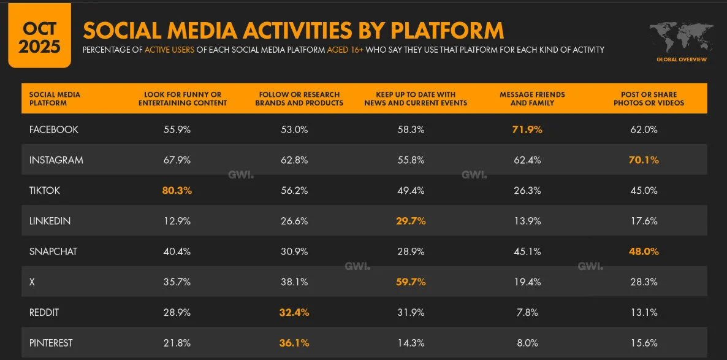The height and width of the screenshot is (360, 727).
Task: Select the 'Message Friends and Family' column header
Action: [532, 99]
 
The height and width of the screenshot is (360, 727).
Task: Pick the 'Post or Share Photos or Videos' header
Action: [649, 99]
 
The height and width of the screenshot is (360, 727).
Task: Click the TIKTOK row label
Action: [45, 190]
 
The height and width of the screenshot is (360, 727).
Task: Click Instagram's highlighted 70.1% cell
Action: [644, 160]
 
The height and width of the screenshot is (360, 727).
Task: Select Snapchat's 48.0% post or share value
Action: [644, 251]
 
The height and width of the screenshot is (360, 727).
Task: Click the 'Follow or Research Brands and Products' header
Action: [299, 99]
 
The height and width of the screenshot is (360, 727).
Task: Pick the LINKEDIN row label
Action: [50, 221]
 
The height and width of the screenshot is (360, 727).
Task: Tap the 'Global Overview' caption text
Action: [681, 59]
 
